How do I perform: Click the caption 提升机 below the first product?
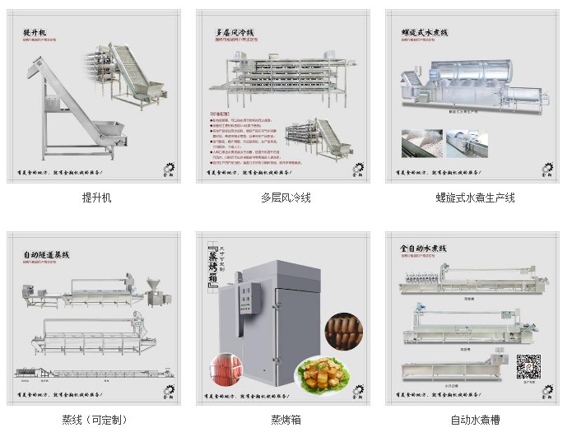(x=96, y=198)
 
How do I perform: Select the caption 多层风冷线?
(x=286, y=198)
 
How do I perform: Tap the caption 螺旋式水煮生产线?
(x=475, y=198)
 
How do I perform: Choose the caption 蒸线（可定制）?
(x=95, y=420)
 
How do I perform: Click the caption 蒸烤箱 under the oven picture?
(x=286, y=420)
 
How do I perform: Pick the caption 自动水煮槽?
(x=475, y=420)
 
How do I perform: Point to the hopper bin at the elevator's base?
(x=107, y=131)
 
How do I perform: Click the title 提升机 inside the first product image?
(x=36, y=33)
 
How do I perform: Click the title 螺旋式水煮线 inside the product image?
(x=424, y=32)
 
